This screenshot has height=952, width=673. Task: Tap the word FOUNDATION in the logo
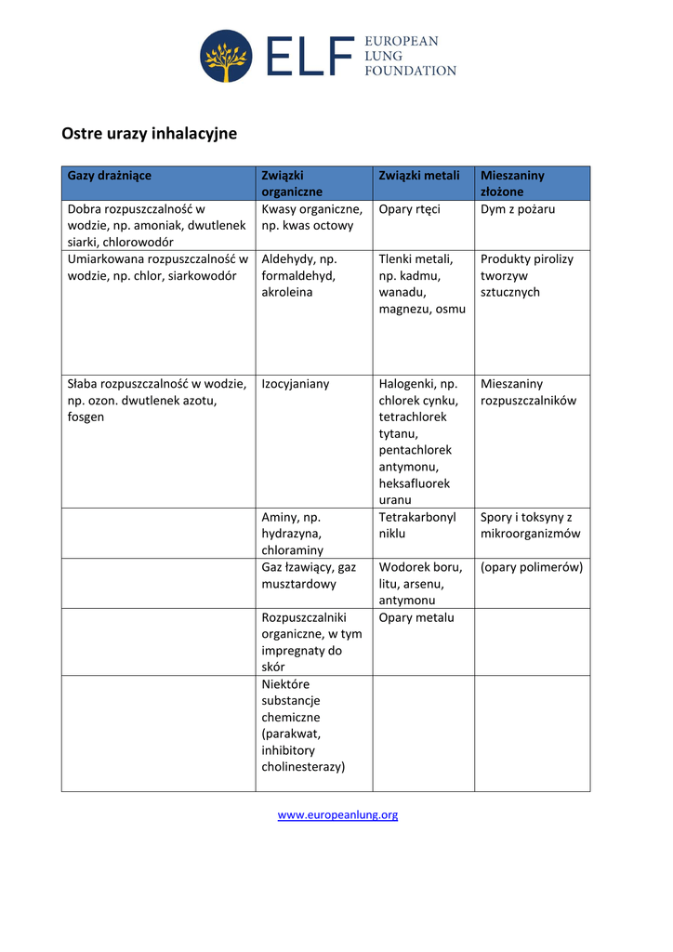click(409, 71)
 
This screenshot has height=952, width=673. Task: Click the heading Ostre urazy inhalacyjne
click(149, 134)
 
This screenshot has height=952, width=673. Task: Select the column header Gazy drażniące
click(110, 176)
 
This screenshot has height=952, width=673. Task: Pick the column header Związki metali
click(419, 176)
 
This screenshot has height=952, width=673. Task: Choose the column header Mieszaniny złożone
click(513, 183)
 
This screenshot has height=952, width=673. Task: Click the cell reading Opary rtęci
click(410, 209)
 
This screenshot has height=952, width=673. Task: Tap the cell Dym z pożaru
click(518, 209)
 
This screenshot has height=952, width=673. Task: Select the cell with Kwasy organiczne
click(311, 218)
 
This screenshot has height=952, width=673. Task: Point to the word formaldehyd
click(298, 276)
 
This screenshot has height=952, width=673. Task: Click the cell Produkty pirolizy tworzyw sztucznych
click(527, 275)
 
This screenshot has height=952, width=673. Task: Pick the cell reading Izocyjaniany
click(296, 384)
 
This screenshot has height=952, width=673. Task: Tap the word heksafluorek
click(415, 483)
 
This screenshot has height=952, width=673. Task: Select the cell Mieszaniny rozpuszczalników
click(529, 392)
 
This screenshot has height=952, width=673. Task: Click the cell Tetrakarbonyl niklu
click(417, 525)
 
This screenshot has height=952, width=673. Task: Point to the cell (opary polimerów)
click(532, 567)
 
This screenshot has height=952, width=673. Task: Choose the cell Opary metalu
click(416, 617)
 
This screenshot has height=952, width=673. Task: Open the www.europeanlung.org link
click(337, 815)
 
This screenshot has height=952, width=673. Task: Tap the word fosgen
click(86, 417)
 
